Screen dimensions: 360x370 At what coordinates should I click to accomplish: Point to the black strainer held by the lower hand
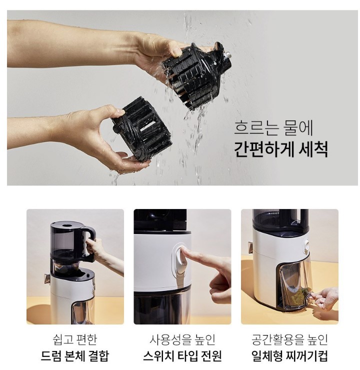point(142,128)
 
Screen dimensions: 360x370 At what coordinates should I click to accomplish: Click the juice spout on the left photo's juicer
point(47,278)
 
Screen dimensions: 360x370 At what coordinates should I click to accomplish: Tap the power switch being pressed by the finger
point(180,260)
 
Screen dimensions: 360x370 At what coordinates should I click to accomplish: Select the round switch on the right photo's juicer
point(306,245)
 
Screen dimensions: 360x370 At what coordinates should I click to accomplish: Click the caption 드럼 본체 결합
point(75,356)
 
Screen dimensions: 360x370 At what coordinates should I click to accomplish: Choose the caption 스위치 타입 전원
point(182,356)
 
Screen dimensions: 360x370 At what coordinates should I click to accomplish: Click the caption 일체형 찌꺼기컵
point(289,356)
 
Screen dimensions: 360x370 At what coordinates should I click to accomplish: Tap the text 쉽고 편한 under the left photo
point(75,339)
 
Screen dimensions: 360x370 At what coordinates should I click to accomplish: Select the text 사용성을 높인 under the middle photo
point(182,339)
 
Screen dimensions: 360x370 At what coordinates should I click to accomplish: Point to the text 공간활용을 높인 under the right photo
point(289,339)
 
